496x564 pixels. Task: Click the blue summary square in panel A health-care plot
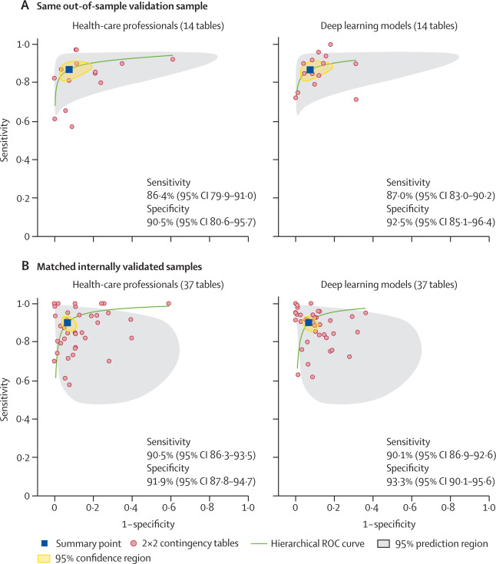[x=69, y=70]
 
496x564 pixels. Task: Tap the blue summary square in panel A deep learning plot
[x=310, y=70]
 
